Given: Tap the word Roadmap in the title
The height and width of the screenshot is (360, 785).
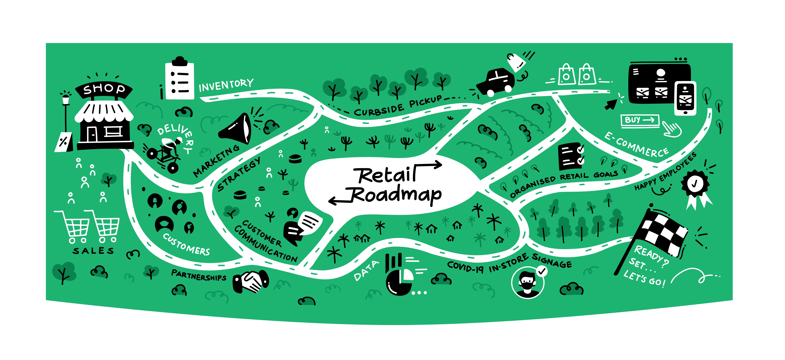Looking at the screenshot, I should [x=396, y=195].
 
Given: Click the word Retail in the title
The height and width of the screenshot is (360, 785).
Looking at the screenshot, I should [x=385, y=175].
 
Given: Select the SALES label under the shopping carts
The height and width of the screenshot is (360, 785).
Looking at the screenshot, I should [x=93, y=251].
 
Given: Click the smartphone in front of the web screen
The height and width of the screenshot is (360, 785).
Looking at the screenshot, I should [x=685, y=98].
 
